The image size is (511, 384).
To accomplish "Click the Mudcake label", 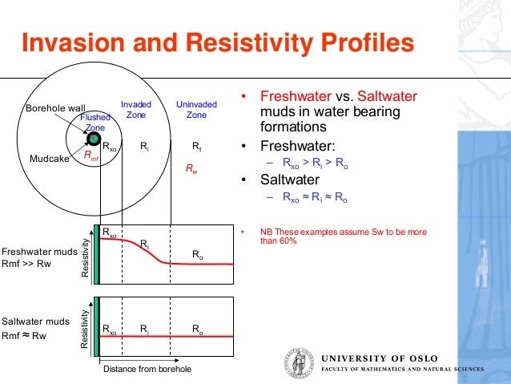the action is click(x=49, y=159).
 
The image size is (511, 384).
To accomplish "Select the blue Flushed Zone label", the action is click(x=95, y=122).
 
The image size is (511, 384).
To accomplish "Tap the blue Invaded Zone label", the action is click(x=136, y=110).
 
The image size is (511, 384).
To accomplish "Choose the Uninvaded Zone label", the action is click(x=196, y=110).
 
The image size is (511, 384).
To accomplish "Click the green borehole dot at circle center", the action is click(x=94, y=139).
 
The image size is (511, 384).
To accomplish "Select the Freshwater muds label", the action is click(x=38, y=250).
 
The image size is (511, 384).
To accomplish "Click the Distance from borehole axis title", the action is click(x=147, y=369).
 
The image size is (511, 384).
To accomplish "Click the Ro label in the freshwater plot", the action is click(x=197, y=254).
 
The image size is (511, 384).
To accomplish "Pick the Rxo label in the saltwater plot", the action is click(x=109, y=329).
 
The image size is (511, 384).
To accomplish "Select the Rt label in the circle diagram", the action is click(x=197, y=148).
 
